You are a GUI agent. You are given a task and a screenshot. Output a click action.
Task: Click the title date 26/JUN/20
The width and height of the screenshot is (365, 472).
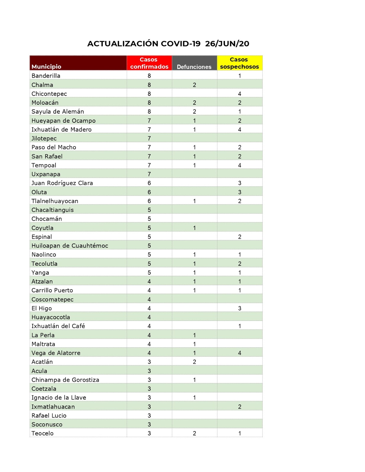pos(227,44)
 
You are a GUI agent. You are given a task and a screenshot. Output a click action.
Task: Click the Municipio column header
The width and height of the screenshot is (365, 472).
pos(46,67)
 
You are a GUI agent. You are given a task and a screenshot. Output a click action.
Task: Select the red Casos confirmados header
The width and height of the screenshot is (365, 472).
pos(149,63)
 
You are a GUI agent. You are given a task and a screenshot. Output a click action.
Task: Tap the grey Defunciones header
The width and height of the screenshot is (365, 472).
pos(194,67)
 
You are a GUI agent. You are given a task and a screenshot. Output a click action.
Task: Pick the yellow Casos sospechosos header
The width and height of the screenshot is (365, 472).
pos(239,63)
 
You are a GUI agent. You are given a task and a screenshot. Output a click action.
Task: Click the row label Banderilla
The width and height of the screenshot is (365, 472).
pos(46,76)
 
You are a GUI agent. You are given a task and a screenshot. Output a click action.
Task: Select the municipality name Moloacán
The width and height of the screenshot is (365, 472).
pos(45,103)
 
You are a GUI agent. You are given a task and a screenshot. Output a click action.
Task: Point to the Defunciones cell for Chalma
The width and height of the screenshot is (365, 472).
pos(194,85)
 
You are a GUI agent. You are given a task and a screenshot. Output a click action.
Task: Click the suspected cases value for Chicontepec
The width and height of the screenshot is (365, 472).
pos(239,94)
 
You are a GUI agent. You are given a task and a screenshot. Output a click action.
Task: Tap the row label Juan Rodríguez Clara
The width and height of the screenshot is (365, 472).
pos(62,183)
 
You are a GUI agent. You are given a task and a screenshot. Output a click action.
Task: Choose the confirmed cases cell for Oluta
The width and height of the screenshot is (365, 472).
pos(149,192)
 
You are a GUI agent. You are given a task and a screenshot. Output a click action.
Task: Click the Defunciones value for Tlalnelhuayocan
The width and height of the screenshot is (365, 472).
pos(194,201)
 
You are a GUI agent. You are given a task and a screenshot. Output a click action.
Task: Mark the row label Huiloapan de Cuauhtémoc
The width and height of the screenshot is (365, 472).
pos(70,246)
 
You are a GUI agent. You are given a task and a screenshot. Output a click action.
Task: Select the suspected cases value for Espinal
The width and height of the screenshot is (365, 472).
pos(239,237)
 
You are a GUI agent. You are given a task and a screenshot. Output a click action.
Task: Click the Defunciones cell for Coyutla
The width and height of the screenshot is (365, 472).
pos(194,228)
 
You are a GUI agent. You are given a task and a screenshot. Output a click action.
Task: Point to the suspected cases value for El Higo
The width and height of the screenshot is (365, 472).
pos(239,308)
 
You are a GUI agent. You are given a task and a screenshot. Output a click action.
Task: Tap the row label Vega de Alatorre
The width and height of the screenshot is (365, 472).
pos(56,353)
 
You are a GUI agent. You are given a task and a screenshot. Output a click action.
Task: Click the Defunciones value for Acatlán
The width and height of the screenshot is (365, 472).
pos(194,362)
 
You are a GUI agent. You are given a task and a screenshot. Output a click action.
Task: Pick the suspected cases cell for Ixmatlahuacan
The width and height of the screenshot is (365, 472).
pos(239,407)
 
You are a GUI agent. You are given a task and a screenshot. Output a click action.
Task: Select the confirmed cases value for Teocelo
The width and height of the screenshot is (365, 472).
pos(149,433)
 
